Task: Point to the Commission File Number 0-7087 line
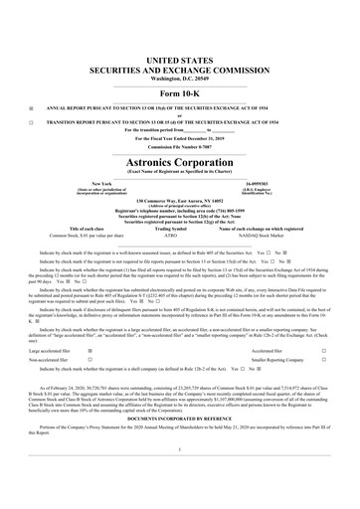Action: click(179, 120)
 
